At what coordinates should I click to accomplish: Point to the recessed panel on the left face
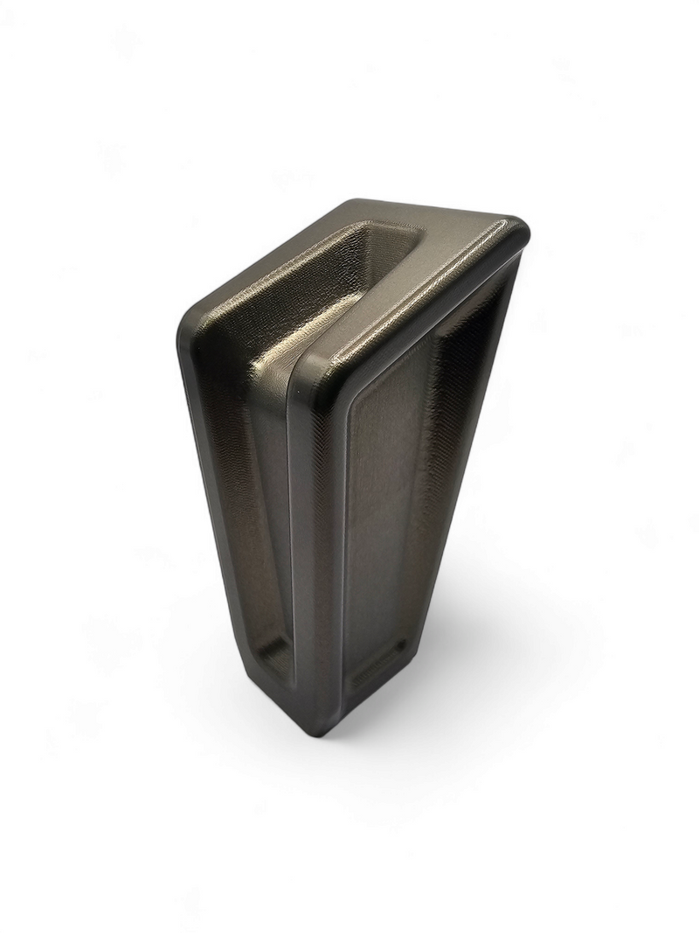(258, 507)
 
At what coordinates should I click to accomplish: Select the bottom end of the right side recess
(380, 673)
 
